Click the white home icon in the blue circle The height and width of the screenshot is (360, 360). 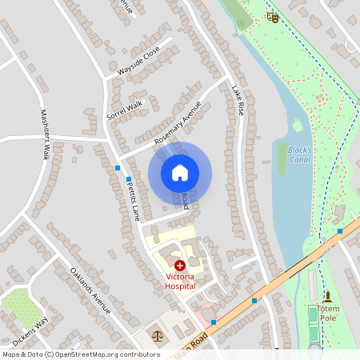(180, 172)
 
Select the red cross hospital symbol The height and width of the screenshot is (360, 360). (179, 265)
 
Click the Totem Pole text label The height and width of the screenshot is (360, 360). (328, 313)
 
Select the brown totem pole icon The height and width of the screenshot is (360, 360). (327, 297)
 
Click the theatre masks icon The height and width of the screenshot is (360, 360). (273, 17)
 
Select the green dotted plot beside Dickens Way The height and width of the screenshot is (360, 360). (20, 307)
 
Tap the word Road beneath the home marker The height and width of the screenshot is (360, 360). (184, 201)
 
